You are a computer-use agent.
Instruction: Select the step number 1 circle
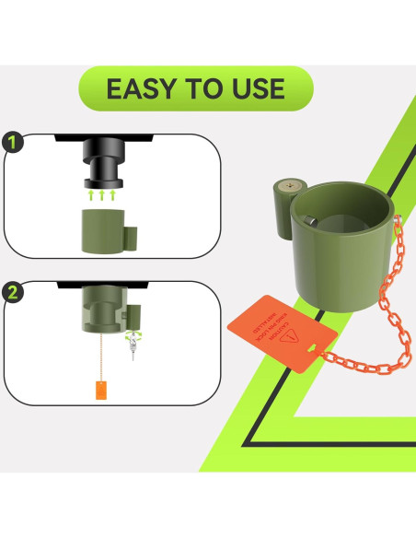pos(13,143)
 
